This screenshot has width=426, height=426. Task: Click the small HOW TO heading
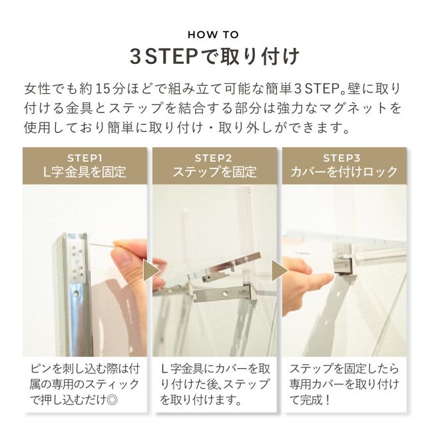(213, 35)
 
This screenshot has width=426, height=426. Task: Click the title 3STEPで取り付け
(214, 57)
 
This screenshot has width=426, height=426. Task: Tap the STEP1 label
(85, 158)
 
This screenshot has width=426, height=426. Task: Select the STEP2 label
(213, 158)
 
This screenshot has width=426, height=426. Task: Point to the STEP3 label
(341, 158)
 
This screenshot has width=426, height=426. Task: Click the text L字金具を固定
(85, 172)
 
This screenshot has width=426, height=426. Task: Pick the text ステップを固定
(214, 172)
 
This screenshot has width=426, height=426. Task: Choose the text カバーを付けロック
(344, 172)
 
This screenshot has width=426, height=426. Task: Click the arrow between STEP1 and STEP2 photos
(151, 271)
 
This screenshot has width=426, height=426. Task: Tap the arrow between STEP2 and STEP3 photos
(280, 271)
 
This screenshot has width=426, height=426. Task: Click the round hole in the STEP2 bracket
(225, 294)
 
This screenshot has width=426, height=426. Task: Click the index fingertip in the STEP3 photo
(329, 277)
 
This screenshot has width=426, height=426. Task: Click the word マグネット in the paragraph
(353, 108)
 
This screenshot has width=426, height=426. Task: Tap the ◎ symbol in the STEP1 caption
(112, 399)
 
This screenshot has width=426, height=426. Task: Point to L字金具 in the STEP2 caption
(182, 369)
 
